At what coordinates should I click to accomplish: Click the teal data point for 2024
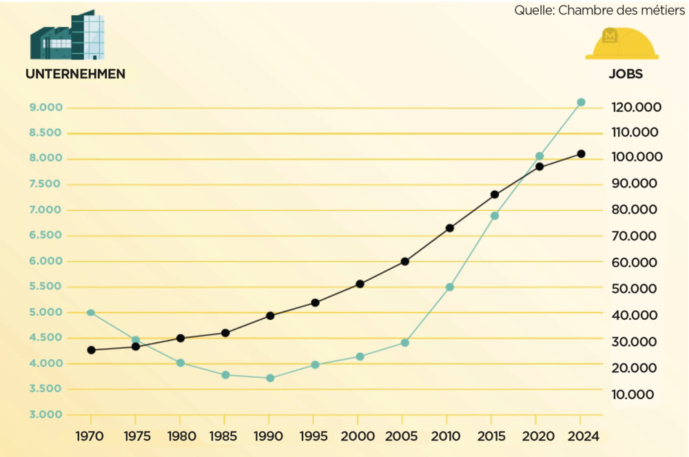click(x=581, y=102)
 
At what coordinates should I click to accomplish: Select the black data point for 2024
click(x=581, y=154)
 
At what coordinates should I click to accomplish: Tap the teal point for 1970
click(x=91, y=312)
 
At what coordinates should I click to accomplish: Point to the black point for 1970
click(x=91, y=349)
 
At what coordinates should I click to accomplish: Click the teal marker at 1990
click(x=270, y=378)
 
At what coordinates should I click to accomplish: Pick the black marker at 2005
click(x=405, y=261)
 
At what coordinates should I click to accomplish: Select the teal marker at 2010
click(x=450, y=287)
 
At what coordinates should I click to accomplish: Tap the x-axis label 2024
click(x=581, y=436)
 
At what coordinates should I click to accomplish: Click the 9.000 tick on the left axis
click(x=46, y=108)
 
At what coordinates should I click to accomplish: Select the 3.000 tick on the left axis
click(x=46, y=414)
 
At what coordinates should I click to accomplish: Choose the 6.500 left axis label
click(x=46, y=235)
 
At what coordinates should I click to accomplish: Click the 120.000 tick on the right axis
click(x=635, y=108)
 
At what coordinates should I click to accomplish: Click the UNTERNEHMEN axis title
click(x=75, y=74)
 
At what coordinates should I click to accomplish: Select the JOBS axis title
click(x=626, y=74)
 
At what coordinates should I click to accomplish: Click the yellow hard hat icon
click(x=621, y=43)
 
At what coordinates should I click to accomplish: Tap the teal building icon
click(x=67, y=36)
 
